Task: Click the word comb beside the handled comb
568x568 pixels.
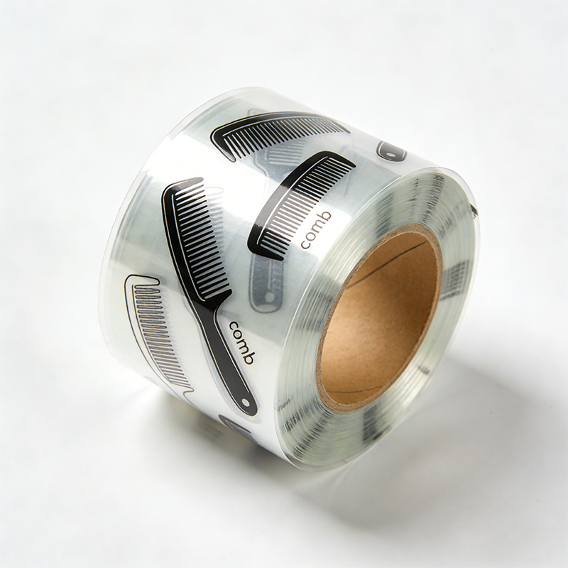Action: [x=242, y=342]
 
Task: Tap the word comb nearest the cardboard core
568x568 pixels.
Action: [x=316, y=230]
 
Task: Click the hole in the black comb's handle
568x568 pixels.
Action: [x=246, y=403]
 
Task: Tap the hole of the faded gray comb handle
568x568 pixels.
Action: [x=269, y=297]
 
